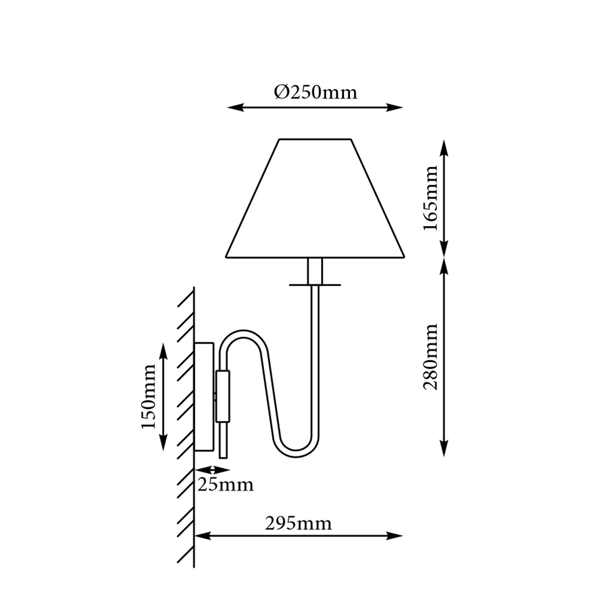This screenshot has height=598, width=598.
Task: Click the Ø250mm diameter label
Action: coord(316,93)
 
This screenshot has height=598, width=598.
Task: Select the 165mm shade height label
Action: coord(430,198)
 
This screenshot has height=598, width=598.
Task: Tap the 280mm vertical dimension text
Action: coord(430,357)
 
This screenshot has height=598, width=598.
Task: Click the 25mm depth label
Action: coord(225,485)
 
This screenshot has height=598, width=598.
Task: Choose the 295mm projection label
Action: coord(298,524)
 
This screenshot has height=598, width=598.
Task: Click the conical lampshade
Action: coord(315,198)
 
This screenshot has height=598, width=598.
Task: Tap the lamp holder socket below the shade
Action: coord(315,271)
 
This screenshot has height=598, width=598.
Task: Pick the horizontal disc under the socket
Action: coord(315,285)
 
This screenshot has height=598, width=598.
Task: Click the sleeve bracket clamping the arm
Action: coord(223,396)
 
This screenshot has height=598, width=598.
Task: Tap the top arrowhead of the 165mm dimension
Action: coord(444,148)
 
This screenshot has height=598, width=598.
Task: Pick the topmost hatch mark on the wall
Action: coord(186,299)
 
